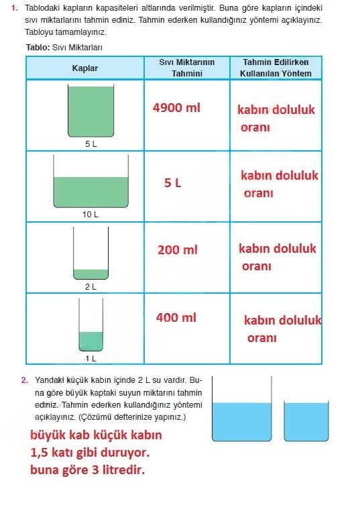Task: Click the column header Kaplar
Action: [x=85, y=68]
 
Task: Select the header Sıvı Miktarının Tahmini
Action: [x=186, y=68]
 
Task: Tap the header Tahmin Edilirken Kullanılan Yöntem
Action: [x=276, y=68]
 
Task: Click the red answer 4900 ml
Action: [x=176, y=107]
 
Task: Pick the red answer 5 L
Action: [x=172, y=182]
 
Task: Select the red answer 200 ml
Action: [x=178, y=250]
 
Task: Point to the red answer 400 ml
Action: [x=176, y=317]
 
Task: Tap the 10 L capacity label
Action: [x=91, y=215]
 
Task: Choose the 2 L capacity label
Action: [x=91, y=286]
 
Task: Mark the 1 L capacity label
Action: [x=91, y=358]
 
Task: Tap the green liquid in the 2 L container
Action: [x=91, y=274]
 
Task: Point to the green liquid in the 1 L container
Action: [x=91, y=341]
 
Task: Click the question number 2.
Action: [x=24, y=380]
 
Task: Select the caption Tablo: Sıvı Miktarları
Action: [x=64, y=48]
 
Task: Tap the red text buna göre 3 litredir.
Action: [x=87, y=470]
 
